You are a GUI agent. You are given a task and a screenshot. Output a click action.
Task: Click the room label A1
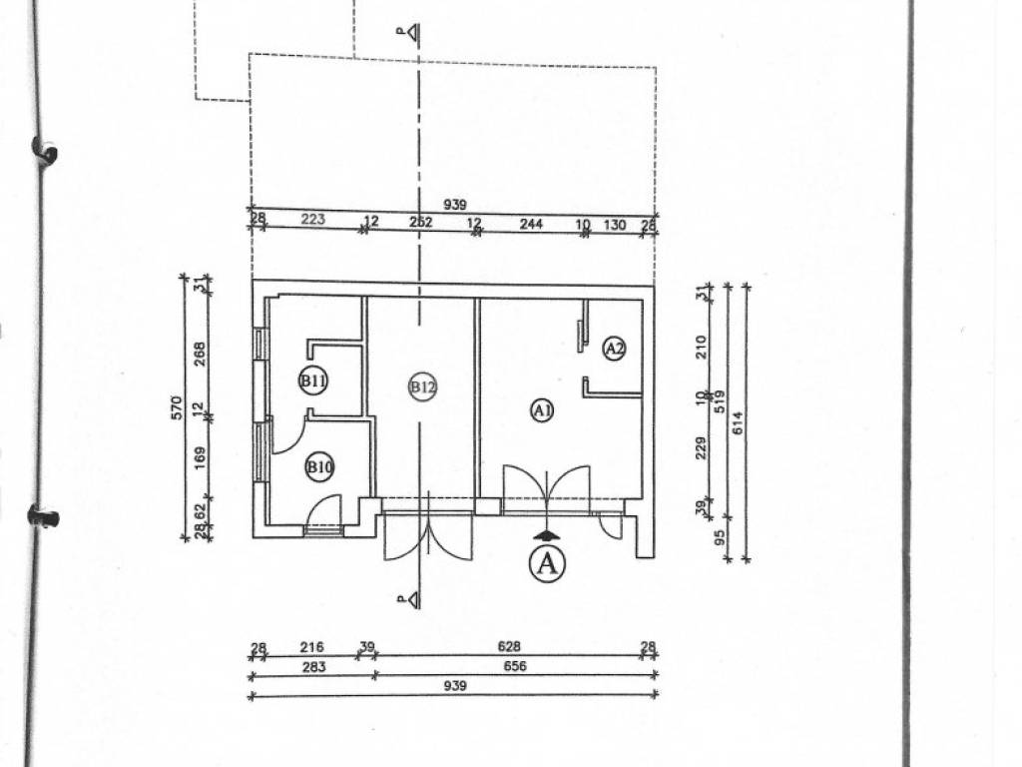pyautogui.click(x=542, y=409)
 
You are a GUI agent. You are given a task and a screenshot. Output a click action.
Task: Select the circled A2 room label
pyautogui.click(x=615, y=349)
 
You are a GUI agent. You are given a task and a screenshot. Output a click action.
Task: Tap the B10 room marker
pyautogui.click(x=319, y=466)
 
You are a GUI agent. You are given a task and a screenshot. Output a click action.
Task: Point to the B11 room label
pyautogui.click(x=314, y=381)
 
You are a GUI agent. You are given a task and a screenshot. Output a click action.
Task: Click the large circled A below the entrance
pyautogui.click(x=546, y=563)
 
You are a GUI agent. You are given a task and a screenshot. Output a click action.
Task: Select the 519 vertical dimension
pyautogui.click(x=720, y=400)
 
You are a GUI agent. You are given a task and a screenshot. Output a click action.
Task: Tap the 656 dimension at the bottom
pyautogui.click(x=516, y=667)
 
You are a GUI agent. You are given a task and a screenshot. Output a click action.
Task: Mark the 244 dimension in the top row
pyautogui.click(x=530, y=225)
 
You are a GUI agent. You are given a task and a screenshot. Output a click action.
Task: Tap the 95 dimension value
pyautogui.click(x=720, y=540)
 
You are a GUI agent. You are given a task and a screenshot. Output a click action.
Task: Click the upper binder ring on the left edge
pyautogui.click(x=44, y=150)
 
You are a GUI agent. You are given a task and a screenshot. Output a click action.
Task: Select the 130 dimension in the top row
pyautogui.click(x=616, y=226)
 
